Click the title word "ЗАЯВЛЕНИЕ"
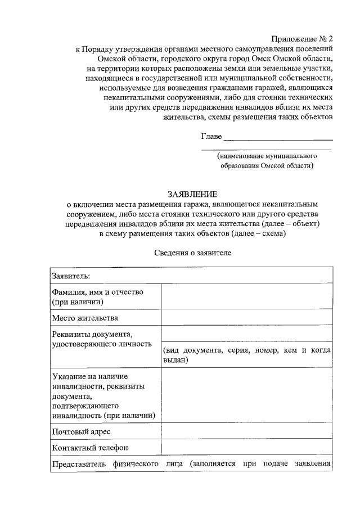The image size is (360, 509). coord(192,193)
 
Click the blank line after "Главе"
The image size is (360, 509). coord(278,137)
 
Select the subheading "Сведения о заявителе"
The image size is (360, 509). coord(192,253)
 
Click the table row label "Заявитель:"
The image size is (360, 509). coord(71,276)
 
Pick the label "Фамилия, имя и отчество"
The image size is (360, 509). coord(98,292)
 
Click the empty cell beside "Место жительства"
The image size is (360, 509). coord(246,318)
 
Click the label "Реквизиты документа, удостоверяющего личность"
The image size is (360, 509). coord(102,339)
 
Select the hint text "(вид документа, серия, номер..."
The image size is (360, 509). coord(246,355)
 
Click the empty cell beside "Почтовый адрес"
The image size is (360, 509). coord(246,431)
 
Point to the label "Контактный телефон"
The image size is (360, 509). coord(90,448)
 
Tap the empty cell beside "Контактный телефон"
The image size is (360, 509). coord(246,448)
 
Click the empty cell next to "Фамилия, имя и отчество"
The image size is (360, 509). coord(246,297)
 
